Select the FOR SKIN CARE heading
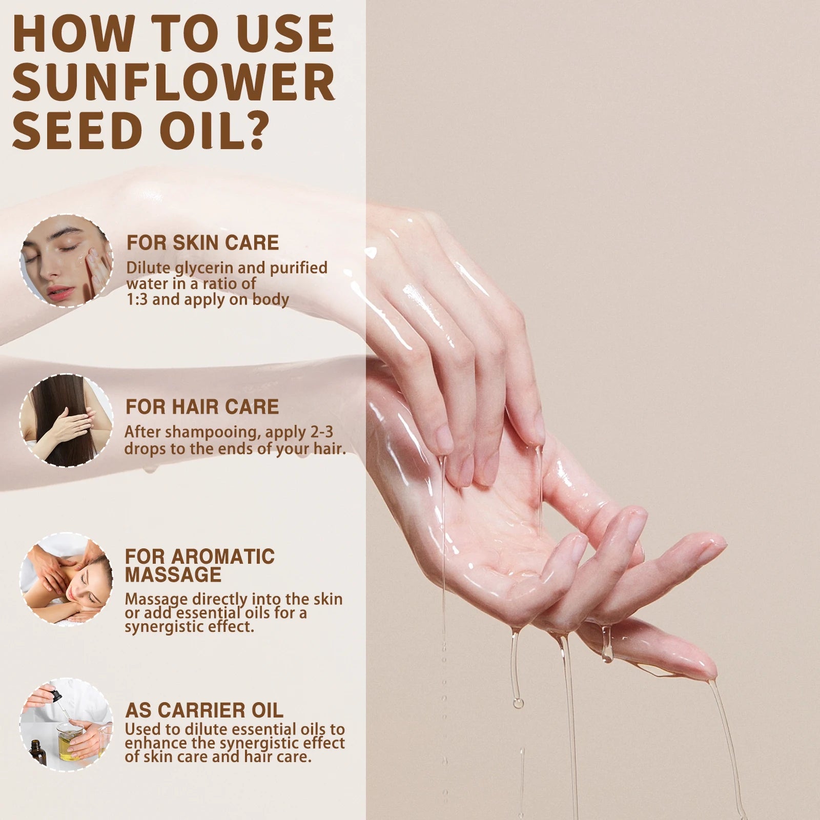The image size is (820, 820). tap(202, 243)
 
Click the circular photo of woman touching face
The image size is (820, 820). tap(66, 261)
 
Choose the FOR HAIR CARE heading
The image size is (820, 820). tap(202, 407)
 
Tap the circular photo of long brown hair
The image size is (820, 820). tap(66, 420)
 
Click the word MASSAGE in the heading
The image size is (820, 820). tap(173, 575)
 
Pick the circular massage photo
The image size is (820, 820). tap(66, 579)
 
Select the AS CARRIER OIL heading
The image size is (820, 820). tap(204, 710)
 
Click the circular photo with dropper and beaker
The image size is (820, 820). tap(66, 725)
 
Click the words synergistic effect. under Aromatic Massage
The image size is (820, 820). tap(189, 627)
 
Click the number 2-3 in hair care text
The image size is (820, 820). tap(321, 432)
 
